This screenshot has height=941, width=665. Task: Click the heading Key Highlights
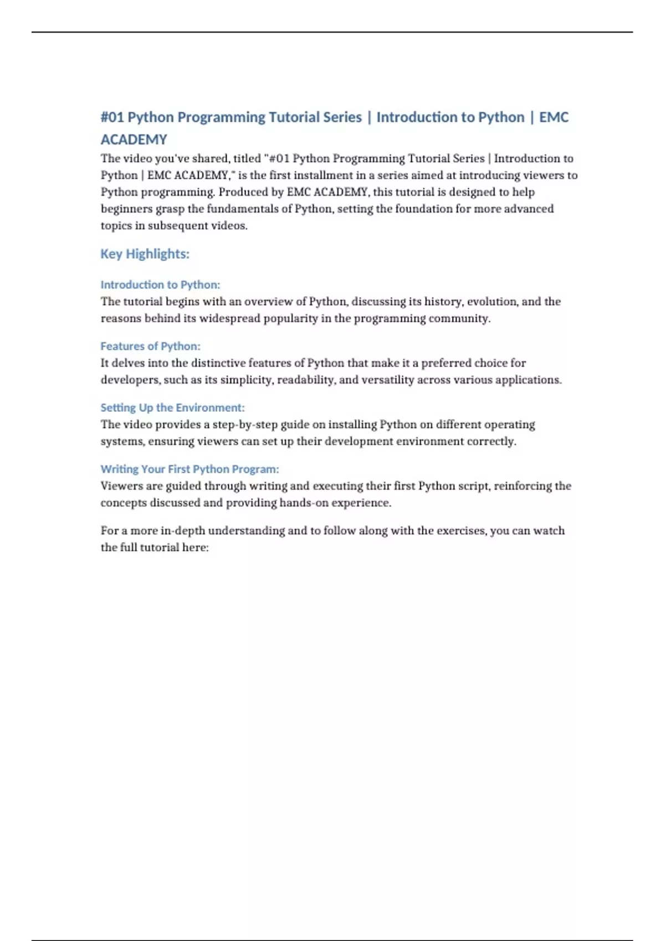point(145,254)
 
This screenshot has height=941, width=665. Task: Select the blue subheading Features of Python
point(150,347)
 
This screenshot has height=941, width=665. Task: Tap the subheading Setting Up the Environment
point(172,408)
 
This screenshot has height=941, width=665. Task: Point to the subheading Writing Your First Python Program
point(190,469)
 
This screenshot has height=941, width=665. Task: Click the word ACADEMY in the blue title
point(134,139)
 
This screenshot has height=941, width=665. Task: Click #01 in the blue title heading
point(112,117)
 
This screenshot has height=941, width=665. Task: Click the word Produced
point(243,192)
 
